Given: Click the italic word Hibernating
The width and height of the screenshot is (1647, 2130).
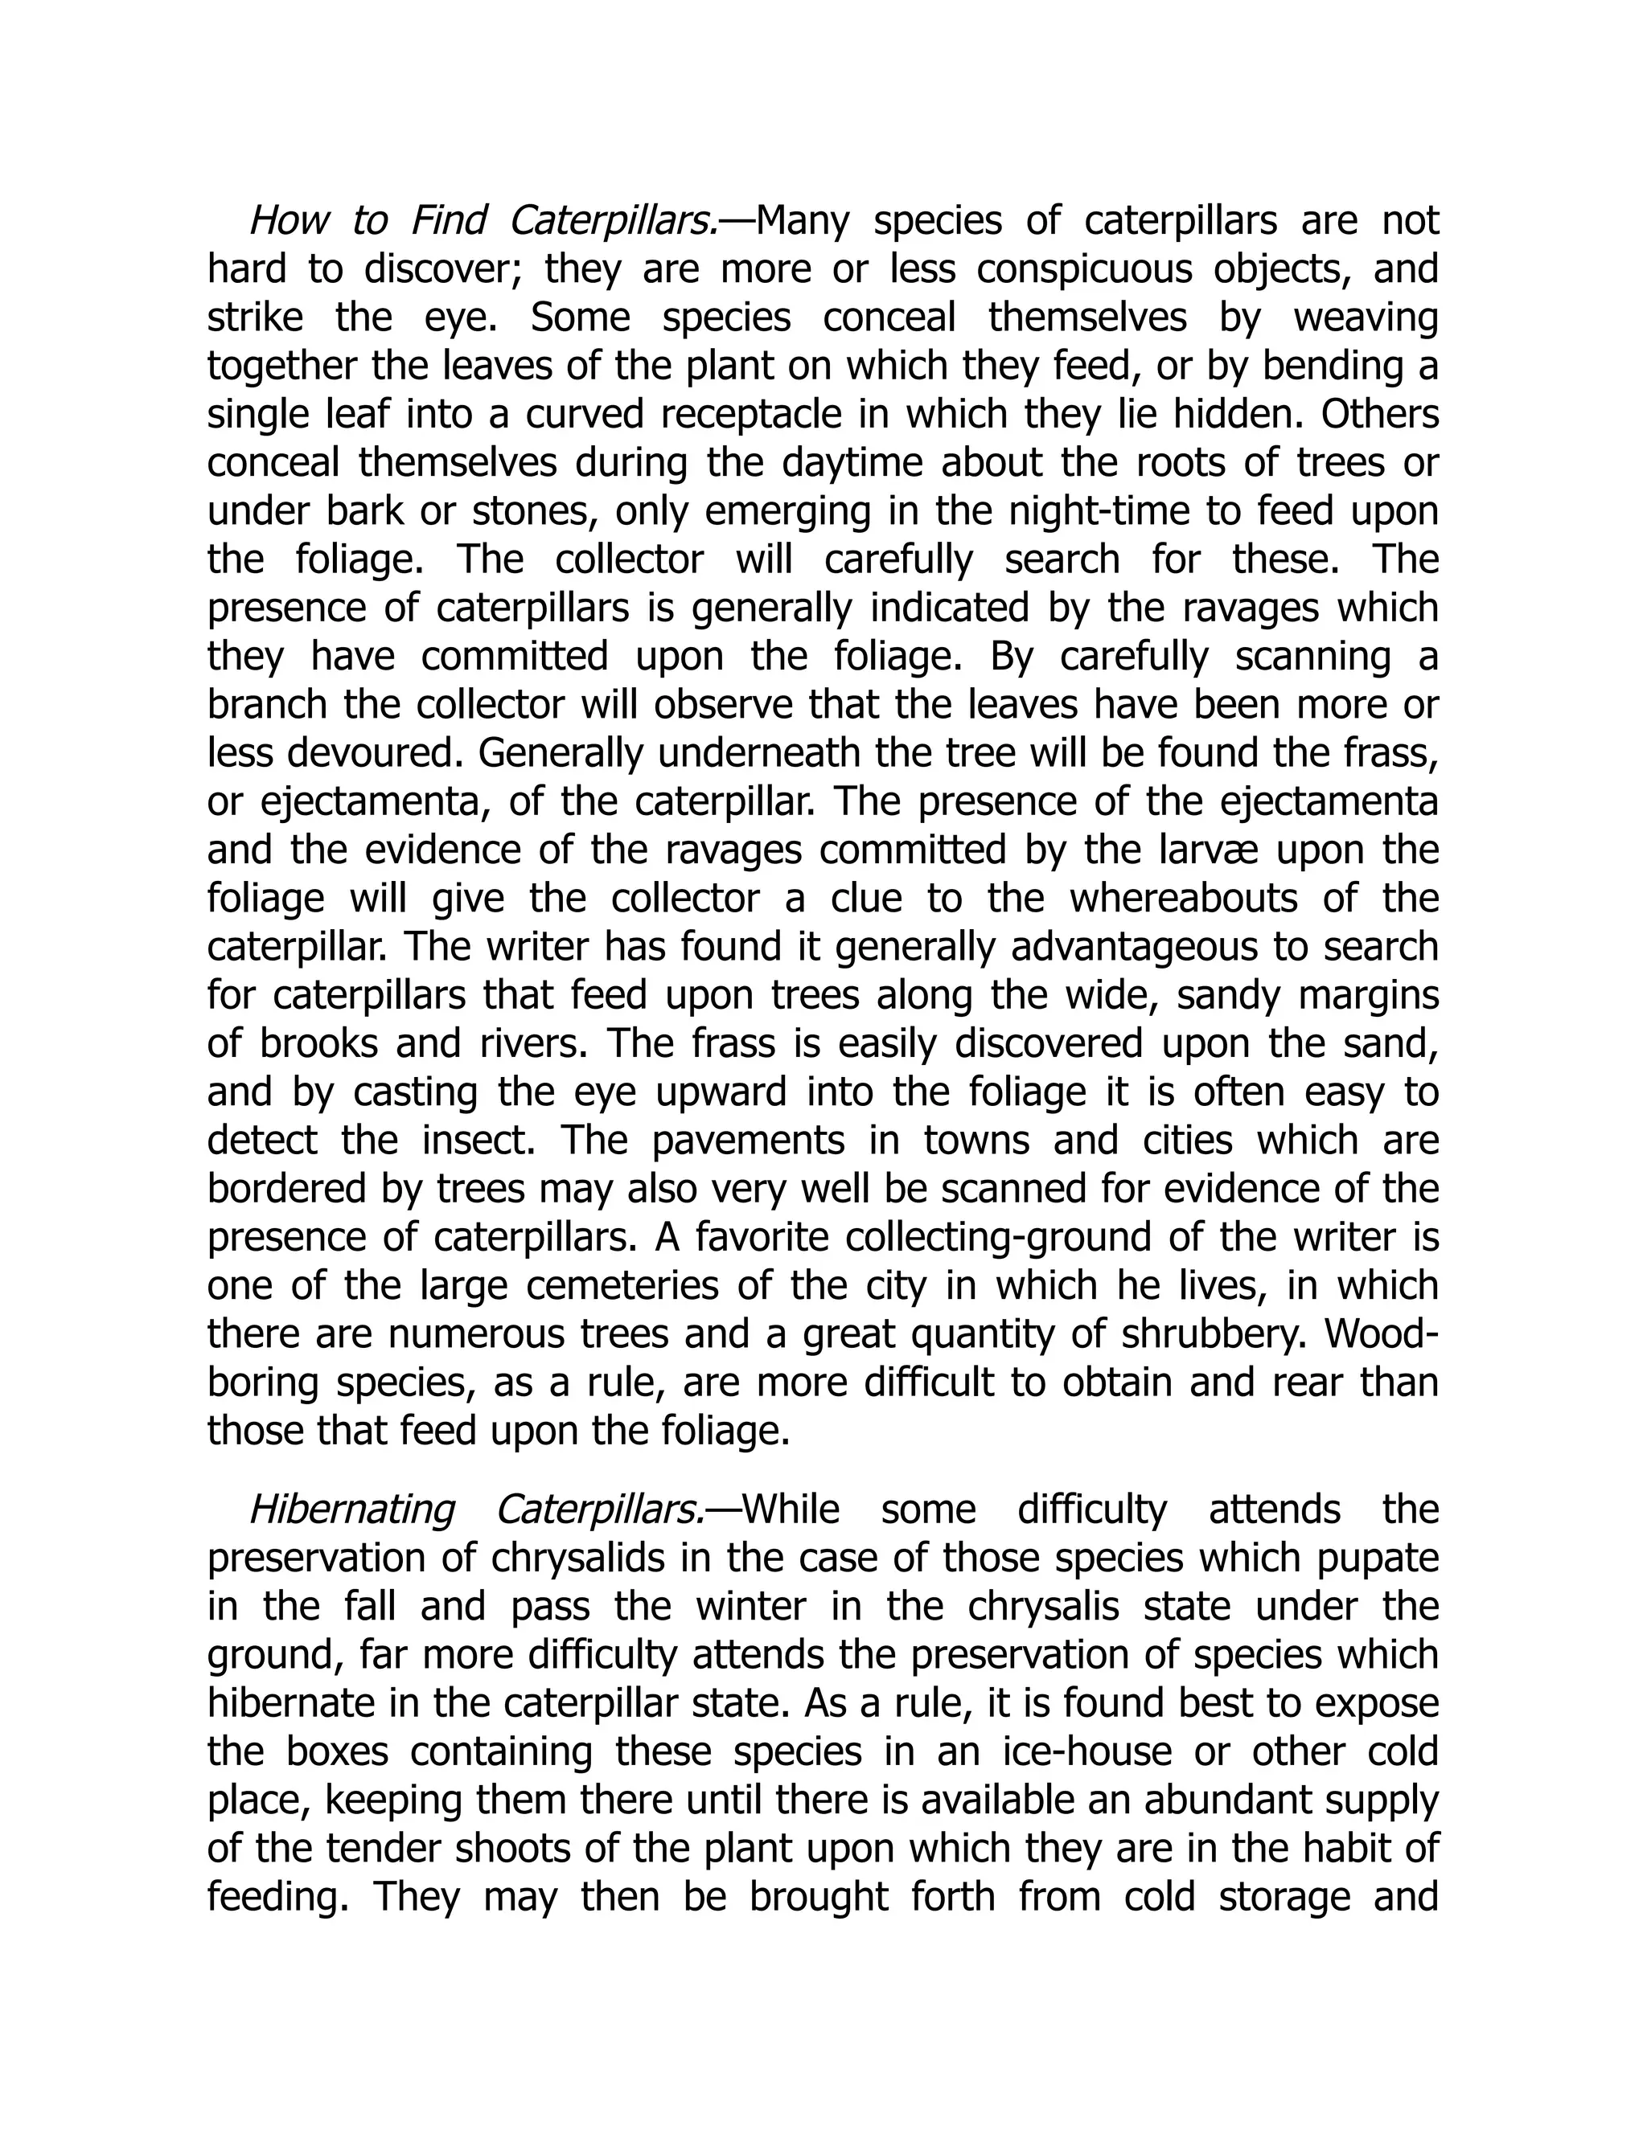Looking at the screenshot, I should (351, 1509).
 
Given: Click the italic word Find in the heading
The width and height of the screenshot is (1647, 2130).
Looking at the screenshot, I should (448, 220).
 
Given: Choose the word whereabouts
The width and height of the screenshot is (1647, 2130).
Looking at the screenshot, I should (1184, 899).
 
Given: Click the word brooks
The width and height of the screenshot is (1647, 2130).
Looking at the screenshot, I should (319, 1043).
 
